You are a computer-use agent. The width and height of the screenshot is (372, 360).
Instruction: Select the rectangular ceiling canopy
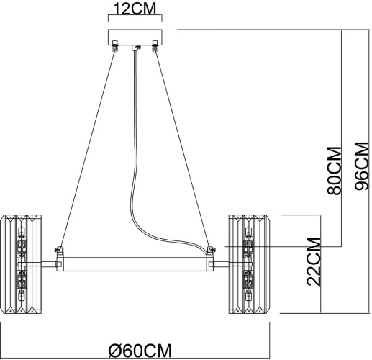click(135, 37)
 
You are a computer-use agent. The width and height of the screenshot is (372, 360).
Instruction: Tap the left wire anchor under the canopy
click(114, 49)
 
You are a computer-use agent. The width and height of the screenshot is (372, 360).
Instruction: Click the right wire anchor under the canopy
click(154, 49)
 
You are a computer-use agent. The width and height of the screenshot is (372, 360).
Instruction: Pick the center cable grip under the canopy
click(135, 49)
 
